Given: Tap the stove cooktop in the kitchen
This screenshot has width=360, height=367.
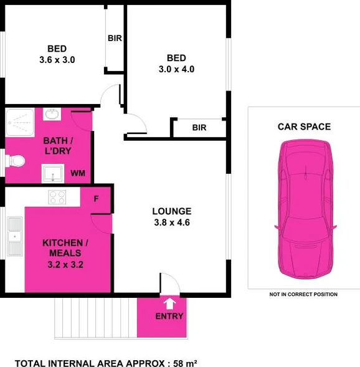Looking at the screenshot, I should pos(58,197).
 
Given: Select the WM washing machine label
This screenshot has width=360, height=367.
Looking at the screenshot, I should pos(78,173).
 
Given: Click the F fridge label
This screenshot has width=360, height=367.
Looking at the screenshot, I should pos(96,199).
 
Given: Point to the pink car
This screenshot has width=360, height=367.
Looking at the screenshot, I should pos(305,212).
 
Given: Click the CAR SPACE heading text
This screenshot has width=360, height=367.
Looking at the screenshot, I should pos(304,127).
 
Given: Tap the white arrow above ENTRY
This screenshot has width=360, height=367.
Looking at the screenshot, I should pos(169,303).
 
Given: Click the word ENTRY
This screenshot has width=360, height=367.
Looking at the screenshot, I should pos(169,317).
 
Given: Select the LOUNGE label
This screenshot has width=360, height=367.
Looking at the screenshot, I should pos(172,211).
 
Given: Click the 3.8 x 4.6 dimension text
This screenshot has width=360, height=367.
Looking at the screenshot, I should pos(172,222).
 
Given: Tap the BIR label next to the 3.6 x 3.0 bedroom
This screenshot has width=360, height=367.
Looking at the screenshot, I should pos(115,38).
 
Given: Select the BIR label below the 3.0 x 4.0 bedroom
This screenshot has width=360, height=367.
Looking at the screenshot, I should pos(199,128).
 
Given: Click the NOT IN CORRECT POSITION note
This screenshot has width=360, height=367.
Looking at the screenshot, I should pos(303,295).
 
